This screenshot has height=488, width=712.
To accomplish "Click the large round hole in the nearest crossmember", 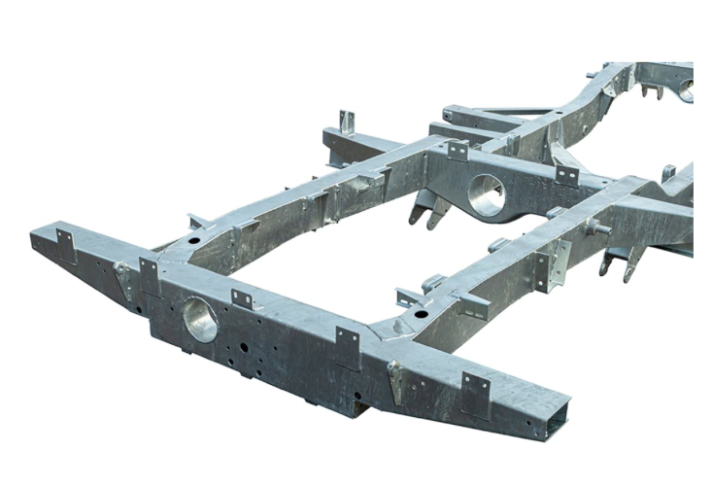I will tap(201, 317).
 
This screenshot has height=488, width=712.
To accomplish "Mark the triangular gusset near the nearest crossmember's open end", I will tap(394, 380).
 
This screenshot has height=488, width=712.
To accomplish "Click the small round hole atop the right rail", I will tap(419, 315).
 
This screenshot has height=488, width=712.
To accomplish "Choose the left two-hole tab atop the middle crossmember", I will tap(458, 152).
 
